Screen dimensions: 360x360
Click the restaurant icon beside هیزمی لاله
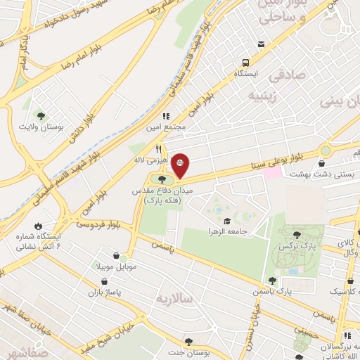point(160,149)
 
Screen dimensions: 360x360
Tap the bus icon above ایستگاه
point(245,61)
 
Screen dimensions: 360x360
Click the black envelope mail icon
point(261,44)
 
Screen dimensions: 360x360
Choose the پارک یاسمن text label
point(294,290)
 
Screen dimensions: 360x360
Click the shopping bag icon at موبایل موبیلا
point(124,257)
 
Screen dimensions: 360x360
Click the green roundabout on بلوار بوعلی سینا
point(325,150)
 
